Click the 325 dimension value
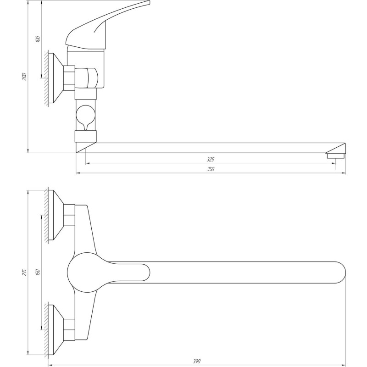click(x=211, y=160)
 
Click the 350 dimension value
click(x=211, y=169)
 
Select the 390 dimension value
click(x=197, y=362)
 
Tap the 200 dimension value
click(x=25, y=77)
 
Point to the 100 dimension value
click(x=38, y=39)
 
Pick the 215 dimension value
click(x=25, y=272)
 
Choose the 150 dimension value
click(x=38, y=272)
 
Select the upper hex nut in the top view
click(x=69, y=215)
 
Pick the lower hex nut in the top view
click(x=69, y=329)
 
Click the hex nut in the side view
click(x=69, y=78)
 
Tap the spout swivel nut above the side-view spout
click(x=86, y=136)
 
